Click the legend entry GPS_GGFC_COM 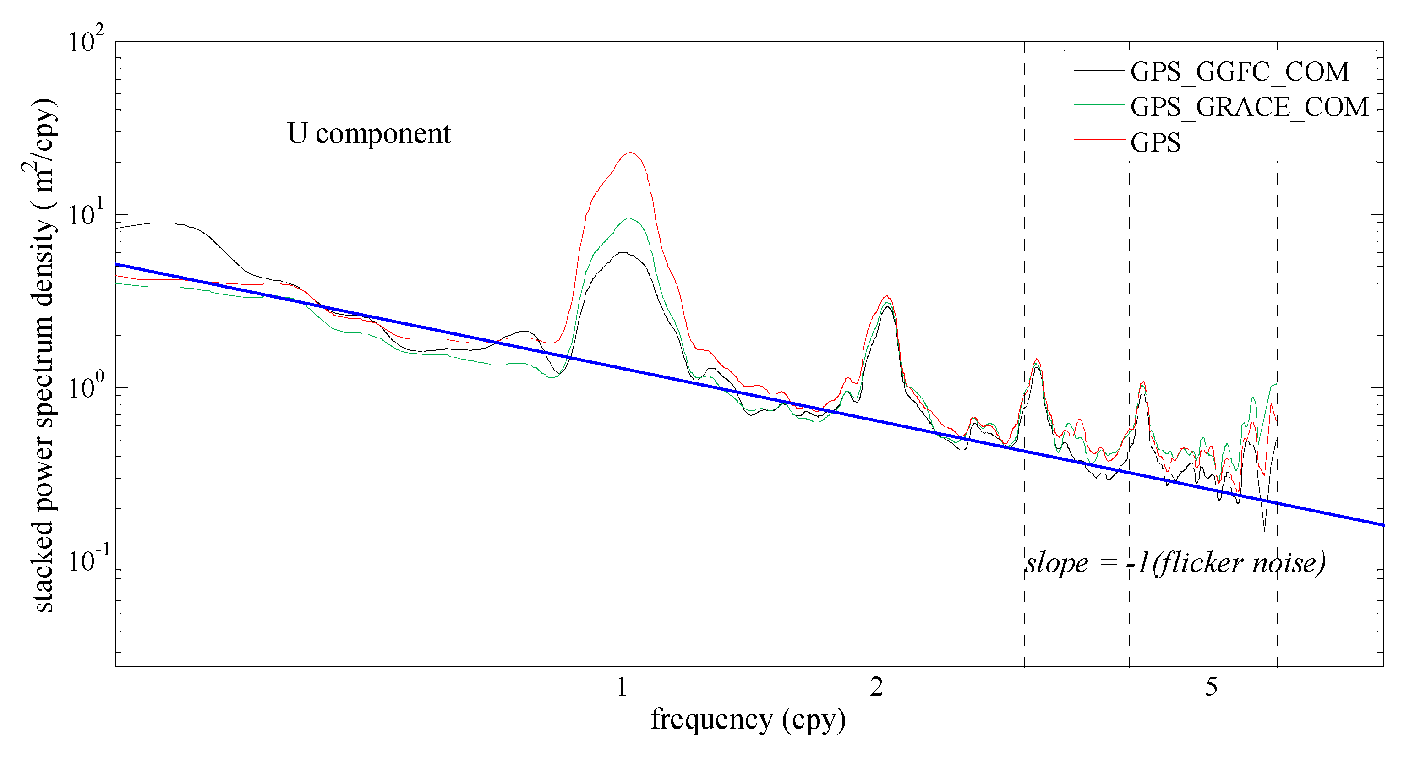point(1239,71)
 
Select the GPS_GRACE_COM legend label point(1249,107)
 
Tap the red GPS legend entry point(1155,142)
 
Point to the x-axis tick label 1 point(621,687)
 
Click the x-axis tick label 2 point(876,687)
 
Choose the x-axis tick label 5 point(1211,687)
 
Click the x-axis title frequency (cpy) point(748,719)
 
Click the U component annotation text point(369,133)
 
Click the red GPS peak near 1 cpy point(631,152)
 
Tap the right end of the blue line point(1383,525)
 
